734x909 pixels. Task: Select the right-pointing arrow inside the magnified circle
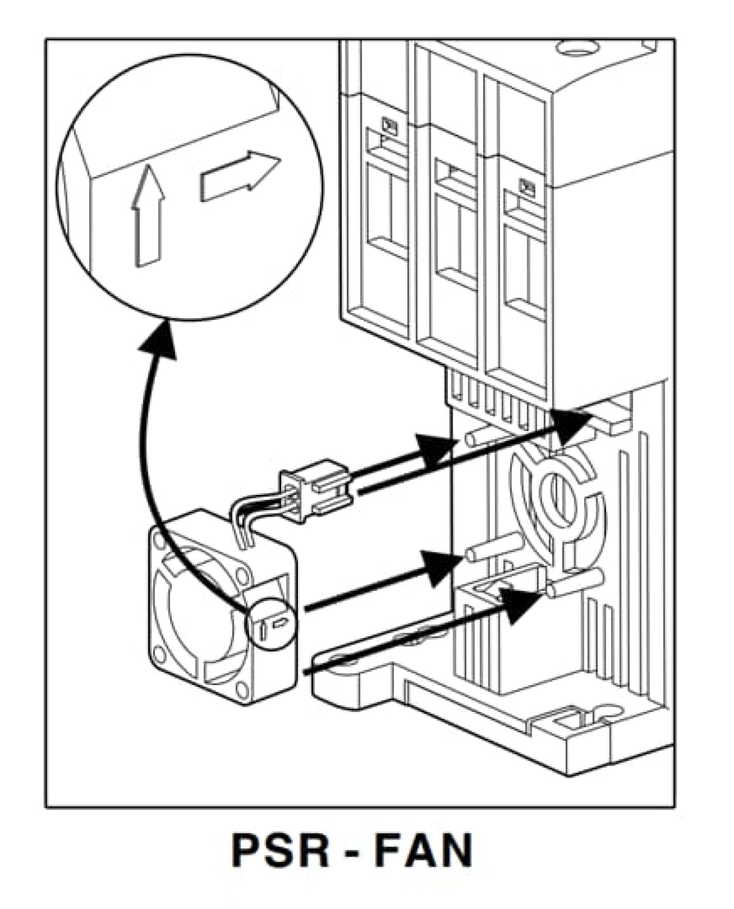point(239,177)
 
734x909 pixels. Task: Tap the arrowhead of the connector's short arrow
point(437,450)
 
